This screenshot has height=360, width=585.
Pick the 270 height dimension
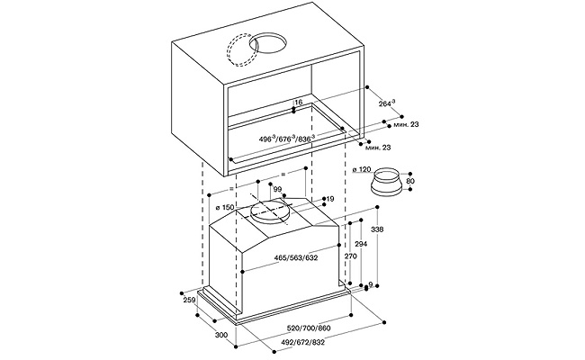[352, 256]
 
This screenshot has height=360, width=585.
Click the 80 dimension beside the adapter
[411, 182]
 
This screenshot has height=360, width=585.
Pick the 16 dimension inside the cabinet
[298, 103]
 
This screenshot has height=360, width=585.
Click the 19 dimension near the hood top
[329, 199]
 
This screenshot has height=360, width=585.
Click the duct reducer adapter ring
[390, 183]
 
